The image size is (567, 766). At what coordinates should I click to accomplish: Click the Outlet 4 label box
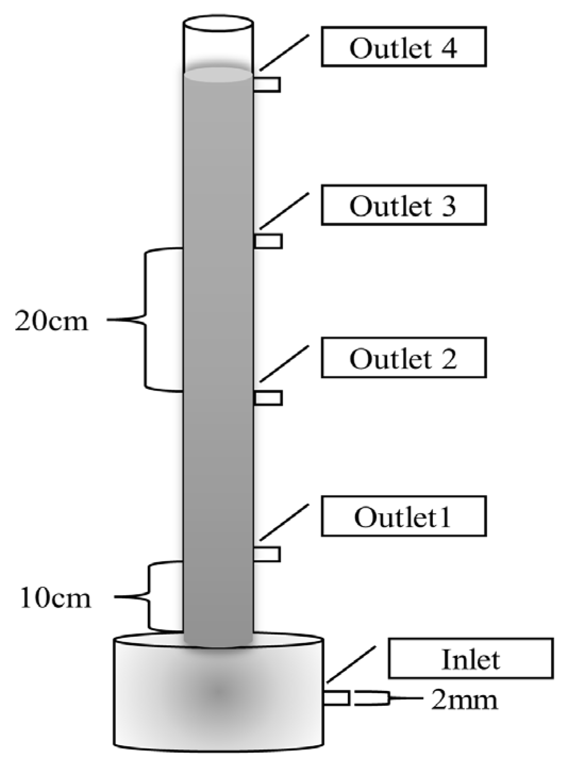pos(403,48)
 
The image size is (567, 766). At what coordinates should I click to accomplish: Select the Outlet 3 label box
pos(403,204)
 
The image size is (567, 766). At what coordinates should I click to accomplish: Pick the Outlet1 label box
pos(403,516)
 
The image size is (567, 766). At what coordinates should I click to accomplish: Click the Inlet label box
pos(470,659)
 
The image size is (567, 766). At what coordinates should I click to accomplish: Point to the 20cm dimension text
pos(51,321)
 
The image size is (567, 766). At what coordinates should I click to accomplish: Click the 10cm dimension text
pos(55,598)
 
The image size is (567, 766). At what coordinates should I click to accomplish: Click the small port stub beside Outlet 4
pos(267,85)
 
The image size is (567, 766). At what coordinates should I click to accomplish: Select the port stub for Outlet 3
pos(268,241)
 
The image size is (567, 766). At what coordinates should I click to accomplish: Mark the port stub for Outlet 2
pos(268,397)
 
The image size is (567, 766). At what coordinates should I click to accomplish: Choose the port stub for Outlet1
pos(267,554)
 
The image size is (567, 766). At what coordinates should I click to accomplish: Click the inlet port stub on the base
pos(336,697)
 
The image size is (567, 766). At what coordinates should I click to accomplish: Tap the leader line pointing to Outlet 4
pos(284,53)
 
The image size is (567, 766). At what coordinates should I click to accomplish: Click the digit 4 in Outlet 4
pos(449,48)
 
